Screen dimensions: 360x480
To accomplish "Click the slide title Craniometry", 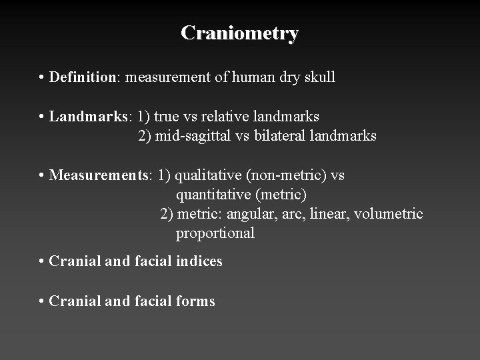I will [x=239, y=33].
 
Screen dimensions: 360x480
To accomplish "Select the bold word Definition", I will [x=83, y=77].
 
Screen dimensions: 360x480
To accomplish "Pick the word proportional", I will [x=215, y=233].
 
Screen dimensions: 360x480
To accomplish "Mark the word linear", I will [x=329, y=214].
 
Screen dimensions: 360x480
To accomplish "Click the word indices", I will [x=199, y=261].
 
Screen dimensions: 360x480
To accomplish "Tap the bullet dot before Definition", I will [x=42, y=78].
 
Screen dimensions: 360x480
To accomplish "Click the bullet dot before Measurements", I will [x=42, y=176].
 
